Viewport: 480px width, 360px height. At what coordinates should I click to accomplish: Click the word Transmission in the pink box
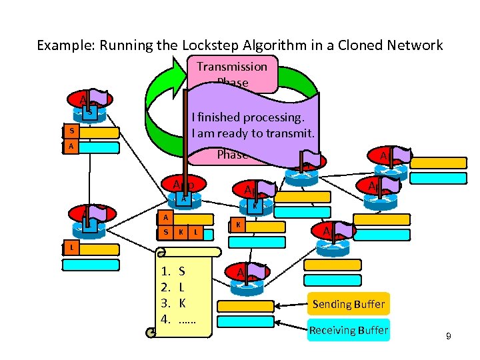click(231, 66)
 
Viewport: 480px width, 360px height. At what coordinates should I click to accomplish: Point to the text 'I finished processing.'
click(247, 117)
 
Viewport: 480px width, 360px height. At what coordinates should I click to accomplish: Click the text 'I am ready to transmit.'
click(253, 133)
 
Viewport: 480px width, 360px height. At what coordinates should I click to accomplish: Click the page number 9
click(449, 337)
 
